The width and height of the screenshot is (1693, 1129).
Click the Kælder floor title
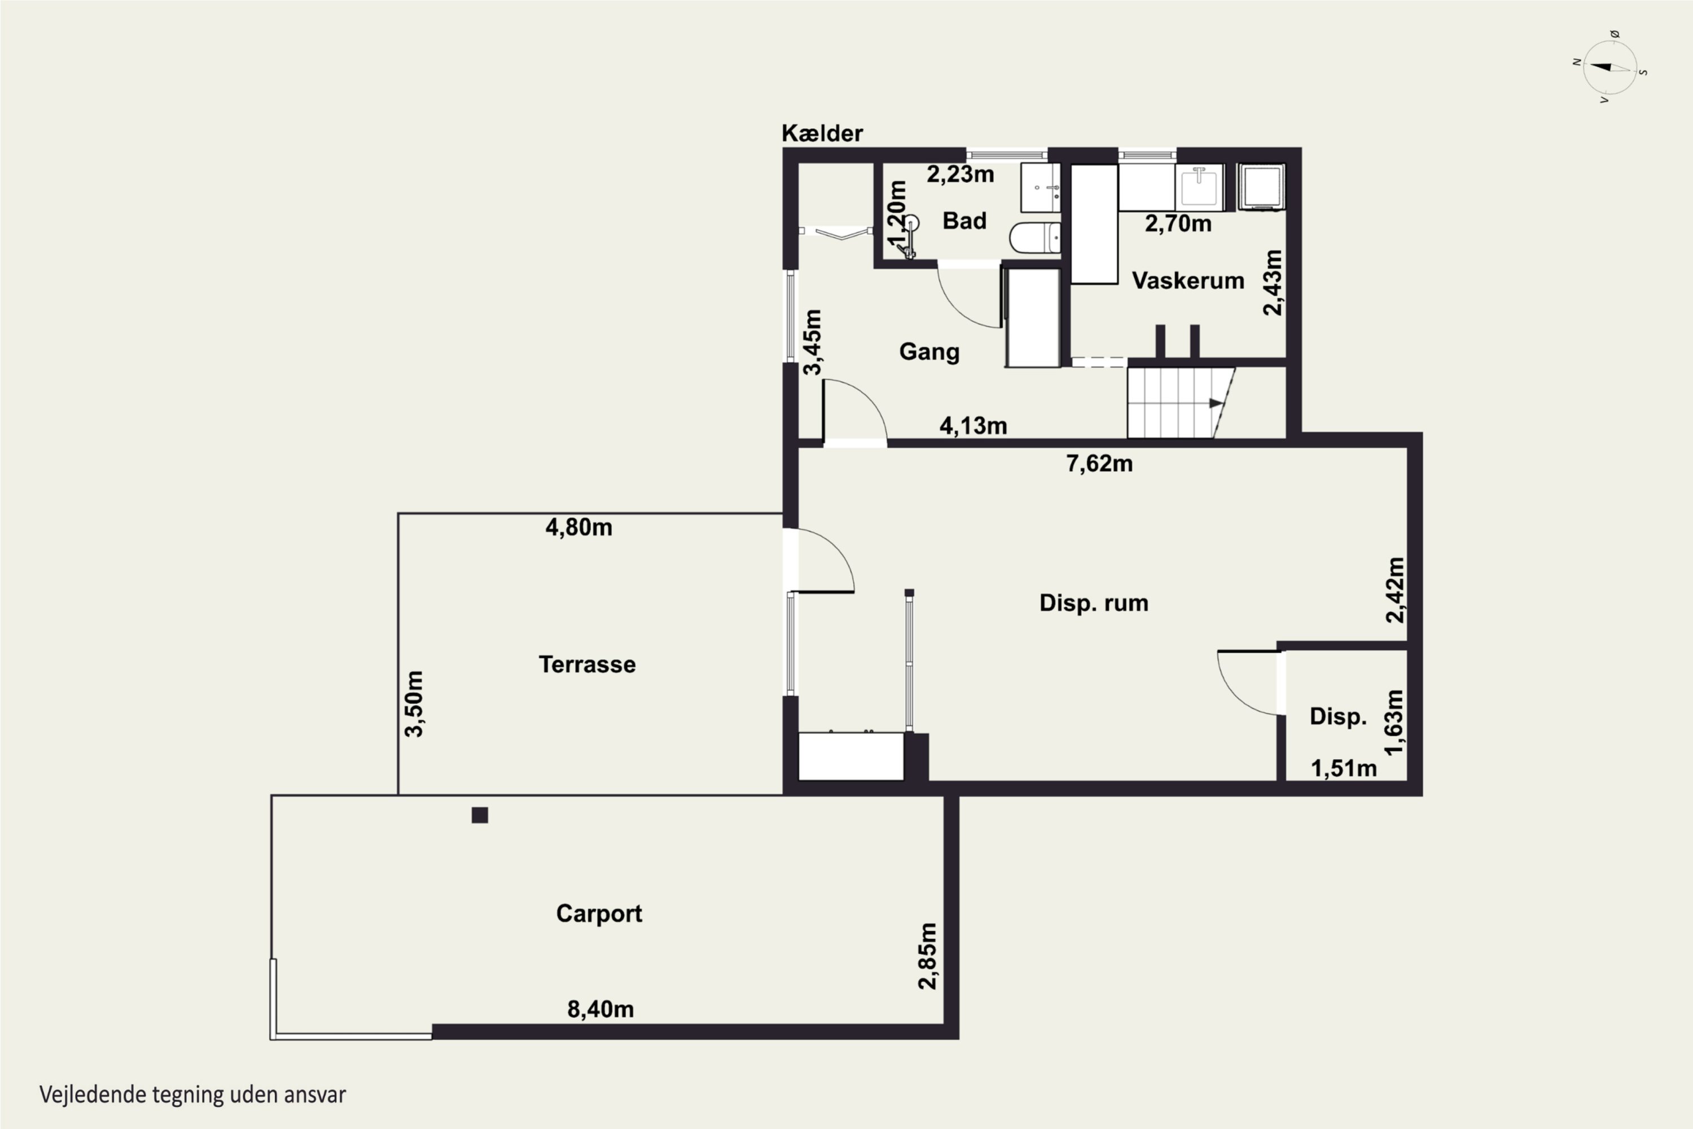pyautogui.click(x=822, y=133)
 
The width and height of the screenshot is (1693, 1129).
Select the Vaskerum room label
pyautogui.click(x=1188, y=281)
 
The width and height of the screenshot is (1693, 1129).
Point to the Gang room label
pyautogui.click(x=929, y=352)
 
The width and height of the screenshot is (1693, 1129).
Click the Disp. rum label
pyautogui.click(x=1094, y=603)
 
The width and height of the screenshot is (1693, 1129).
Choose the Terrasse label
pyautogui.click(x=587, y=664)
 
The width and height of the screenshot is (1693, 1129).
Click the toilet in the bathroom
pyautogui.click(x=1034, y=238)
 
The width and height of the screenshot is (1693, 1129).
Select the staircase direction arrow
pyautogui.click(x=1216, y=403)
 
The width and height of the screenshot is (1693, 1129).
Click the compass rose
pyautogui.click(x=1610, y=68)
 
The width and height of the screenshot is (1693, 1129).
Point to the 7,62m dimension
pyautogui.click(x=1099, y=463)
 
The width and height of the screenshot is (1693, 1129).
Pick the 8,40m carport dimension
pyautogui.click(x=600, y=1009)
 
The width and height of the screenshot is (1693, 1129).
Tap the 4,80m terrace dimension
pyautogui.click(x=579, y=528)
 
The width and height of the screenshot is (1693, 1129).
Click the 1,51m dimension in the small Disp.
pyautogui.click(x=1344, y=769)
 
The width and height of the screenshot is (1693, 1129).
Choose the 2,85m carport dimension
pyautogui.click(x=928, y=956)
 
